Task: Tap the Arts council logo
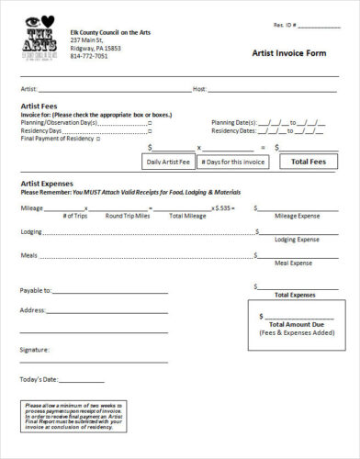[x=39, y=40]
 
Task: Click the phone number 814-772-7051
[x=88, y=56]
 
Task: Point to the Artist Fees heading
[x=40, y=106]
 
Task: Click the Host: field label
[x=199, y=89]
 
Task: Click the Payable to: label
[x=37, y=290]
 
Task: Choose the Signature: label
[x=35, y=350]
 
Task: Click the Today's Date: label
[x=39, y=379]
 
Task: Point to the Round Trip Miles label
[x=128, y=216]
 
